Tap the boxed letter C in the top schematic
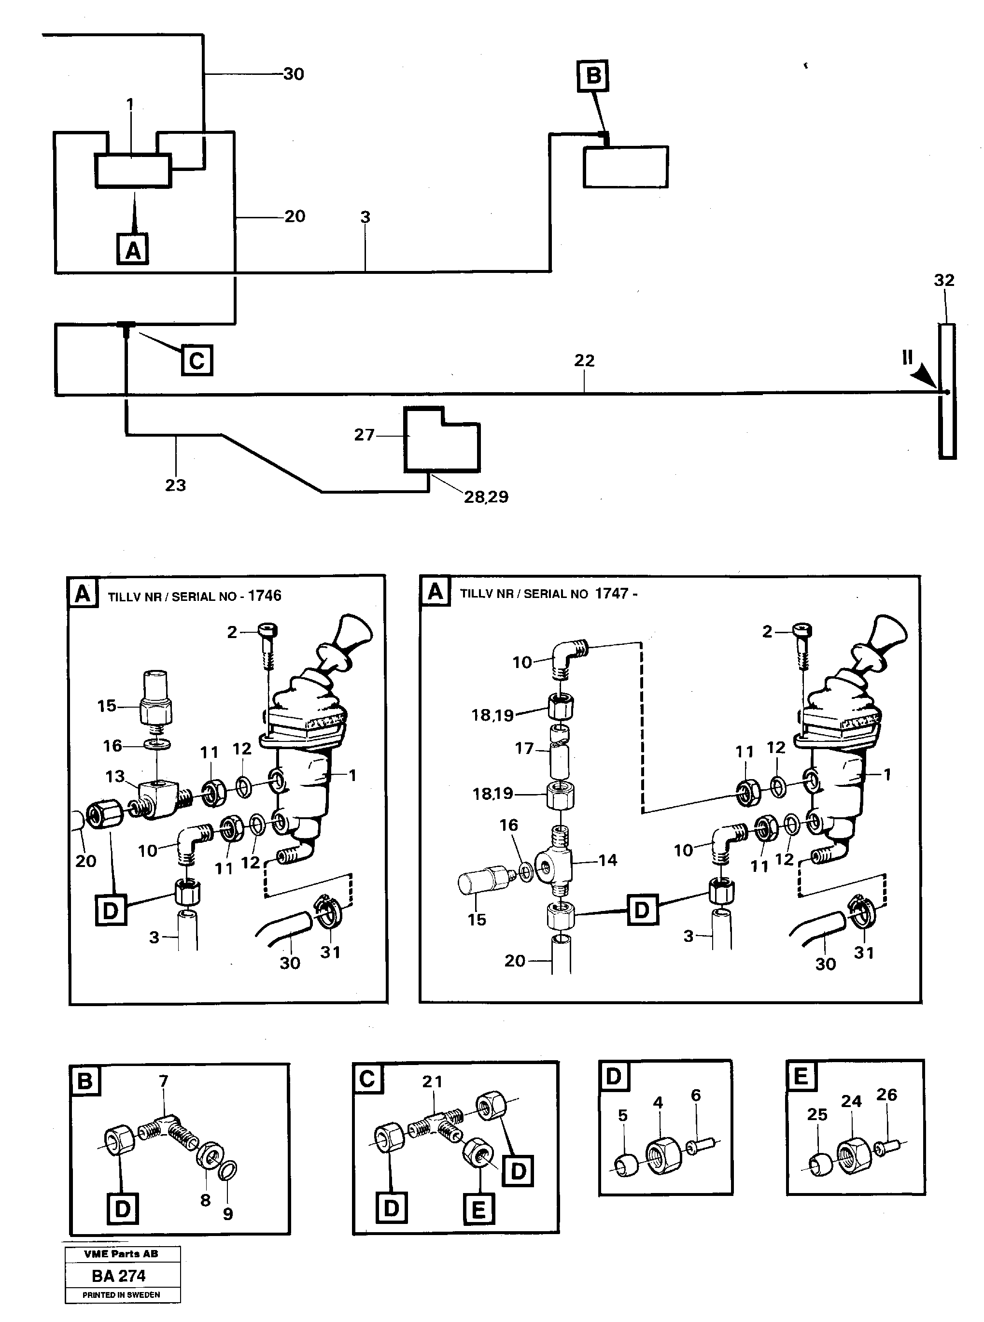tap(197, 360)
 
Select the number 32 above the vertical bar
tap(943, 280)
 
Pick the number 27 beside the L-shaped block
tap(365, 435)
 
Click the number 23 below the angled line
tap(175, 485)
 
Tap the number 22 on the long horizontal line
tap(584, 360)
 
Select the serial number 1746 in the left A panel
tap(265, 595)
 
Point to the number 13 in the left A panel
tap(115, 776)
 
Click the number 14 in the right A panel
tap(607, 860)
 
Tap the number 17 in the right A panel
tap(524, 748)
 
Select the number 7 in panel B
tap(164, 1080)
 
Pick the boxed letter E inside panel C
tap(479, 1209)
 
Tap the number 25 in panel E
tap(817, 1114)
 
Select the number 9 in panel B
tap(227, 1214)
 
